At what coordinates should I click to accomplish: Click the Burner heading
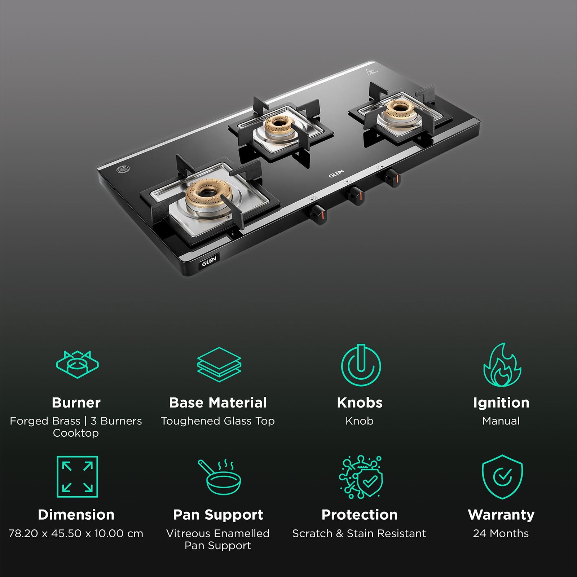[x=76, y=402]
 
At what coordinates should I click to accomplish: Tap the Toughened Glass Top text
[x=218, y=421]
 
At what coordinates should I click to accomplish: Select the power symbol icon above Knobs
[x=360, y=365]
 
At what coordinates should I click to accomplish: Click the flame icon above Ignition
[x=502, y=365]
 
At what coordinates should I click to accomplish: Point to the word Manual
[x=501, y=421]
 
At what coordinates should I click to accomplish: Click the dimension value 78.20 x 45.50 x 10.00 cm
[x=76, y=533]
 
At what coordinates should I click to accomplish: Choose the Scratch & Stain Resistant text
[x=359, y=533]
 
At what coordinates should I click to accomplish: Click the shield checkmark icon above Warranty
[x=502, y=477]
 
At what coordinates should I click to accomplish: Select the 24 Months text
[x=501, y=533]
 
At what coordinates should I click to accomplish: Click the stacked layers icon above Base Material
[x=219, y=364]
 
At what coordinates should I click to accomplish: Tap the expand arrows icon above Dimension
[x=77, y=477]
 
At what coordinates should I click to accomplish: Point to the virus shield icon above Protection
[x=361, y=477]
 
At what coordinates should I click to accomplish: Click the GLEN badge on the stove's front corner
[x=209, y=260]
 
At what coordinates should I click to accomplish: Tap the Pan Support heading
[x=218, y=515]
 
